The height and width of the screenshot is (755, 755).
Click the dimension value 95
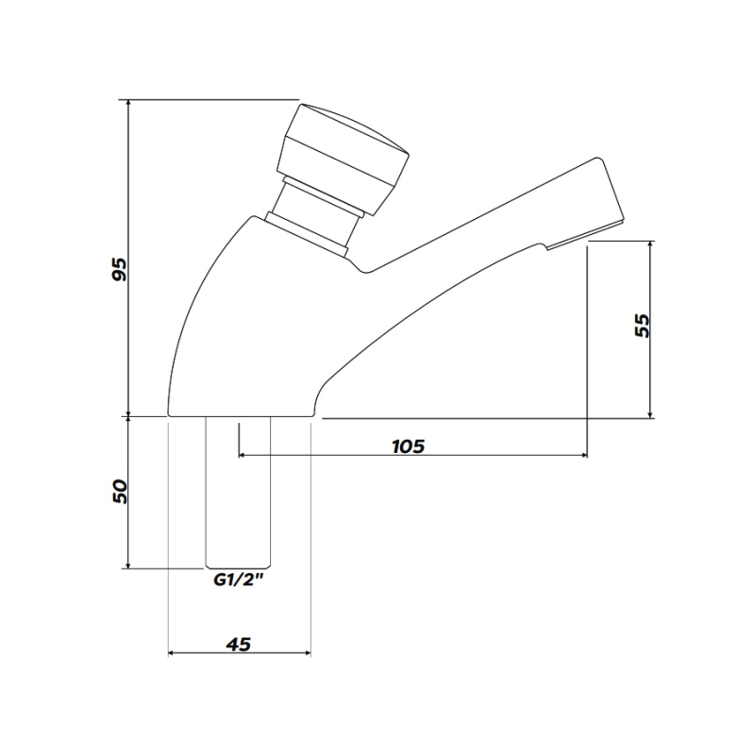point(119,269)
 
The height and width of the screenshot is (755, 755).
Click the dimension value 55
point(642,326)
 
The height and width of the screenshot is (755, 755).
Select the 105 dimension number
point(408,445)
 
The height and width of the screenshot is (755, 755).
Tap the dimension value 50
point(119,491)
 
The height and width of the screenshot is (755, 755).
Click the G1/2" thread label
point(236,582)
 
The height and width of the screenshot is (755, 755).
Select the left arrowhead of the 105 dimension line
point(243,456)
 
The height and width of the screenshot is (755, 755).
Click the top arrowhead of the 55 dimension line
point(652,244)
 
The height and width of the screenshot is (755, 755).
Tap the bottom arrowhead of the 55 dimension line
point(652,413)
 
